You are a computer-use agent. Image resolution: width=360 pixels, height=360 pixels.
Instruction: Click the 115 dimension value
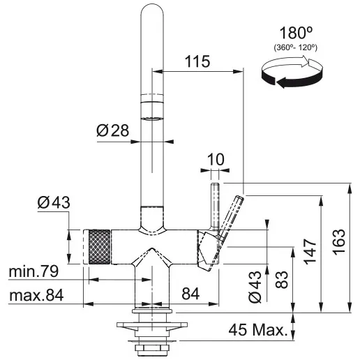tap(198, 62)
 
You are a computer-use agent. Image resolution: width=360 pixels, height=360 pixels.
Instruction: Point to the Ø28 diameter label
tap(113, 130)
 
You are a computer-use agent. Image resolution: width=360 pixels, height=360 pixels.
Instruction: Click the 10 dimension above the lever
tap(215, 159)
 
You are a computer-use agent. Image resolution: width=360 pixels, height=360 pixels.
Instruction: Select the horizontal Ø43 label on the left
tap(54, 203)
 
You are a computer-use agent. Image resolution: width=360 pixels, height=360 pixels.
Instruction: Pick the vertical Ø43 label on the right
tap(255, 287)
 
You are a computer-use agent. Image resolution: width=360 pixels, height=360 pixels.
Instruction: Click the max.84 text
tap(36, 296)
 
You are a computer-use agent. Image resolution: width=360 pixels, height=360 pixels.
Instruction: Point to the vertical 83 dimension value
tap(282, 279)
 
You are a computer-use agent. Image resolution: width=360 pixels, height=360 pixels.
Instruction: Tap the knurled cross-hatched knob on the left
tap(98, 246)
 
